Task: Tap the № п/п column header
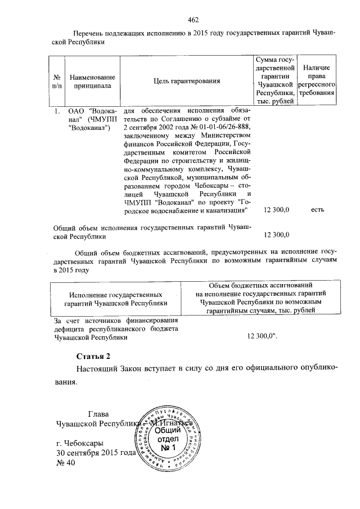point(57,81)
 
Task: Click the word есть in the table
point(317,210)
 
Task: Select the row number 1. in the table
point(57,111)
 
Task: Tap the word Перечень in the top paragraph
point(93,34)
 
